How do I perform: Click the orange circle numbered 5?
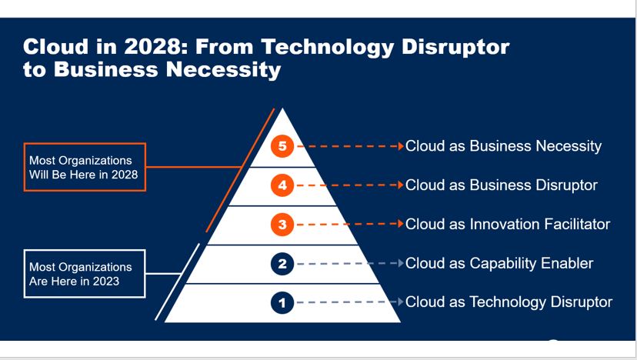click(x=283, y=145)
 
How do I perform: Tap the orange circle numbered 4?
click(x=283, y=185)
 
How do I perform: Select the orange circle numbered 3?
click(x=283, y=225)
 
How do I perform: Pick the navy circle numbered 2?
click(x=283, y=264)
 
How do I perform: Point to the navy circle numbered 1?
click(x=283, y=302)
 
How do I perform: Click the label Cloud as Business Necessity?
click(x=503, y=145)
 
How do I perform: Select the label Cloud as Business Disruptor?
click(x=501, y=185)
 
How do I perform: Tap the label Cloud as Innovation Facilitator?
click(x=507, y=224)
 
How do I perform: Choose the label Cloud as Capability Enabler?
click(x=499, y=263)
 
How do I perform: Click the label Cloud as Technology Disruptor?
click(x=509, y=302)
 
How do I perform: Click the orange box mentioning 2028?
click(x=85, y=167)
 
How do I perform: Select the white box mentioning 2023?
click(x=85, y=273)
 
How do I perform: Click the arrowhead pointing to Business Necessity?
click(x=401, y=145)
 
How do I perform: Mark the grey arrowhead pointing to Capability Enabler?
click(x=401, y=264)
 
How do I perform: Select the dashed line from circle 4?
click(x=346, y=185)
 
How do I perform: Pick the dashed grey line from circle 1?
click(x=346, y=302)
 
